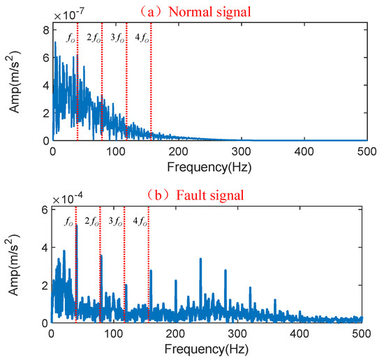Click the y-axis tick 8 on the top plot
pos(44,29)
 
